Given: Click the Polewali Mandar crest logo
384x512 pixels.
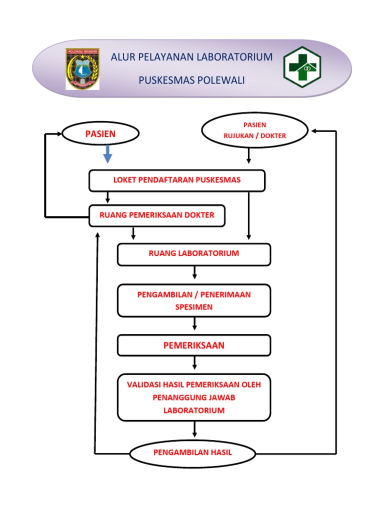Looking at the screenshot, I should [82, 69].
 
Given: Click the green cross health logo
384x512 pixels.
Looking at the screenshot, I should [302, 67].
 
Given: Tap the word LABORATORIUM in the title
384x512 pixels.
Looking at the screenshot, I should [234, 57].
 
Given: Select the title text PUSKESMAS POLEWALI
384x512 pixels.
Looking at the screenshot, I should [191, 80].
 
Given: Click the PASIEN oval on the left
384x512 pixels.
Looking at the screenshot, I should [100, 133].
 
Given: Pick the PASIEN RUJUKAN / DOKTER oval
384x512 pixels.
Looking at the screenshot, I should [254, 130].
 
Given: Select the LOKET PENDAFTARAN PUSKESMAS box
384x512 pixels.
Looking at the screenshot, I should [176, 180].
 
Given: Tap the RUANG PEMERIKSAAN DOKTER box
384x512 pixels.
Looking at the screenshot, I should [156, 215].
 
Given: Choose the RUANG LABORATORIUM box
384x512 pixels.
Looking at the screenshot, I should [194, 254].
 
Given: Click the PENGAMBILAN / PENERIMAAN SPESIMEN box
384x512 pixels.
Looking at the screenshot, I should [194, 300].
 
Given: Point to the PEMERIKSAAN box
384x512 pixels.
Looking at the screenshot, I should [194, 345].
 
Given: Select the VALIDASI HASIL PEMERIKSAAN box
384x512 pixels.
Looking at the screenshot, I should [194, 397].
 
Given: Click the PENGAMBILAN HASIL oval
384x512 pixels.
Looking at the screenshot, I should [193, 453].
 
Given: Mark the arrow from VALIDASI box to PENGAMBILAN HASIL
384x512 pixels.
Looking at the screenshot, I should [194, 430].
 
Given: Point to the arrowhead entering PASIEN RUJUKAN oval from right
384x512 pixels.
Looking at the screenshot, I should [314, 131].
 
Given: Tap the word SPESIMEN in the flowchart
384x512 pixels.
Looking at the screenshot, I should [194, 307].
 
